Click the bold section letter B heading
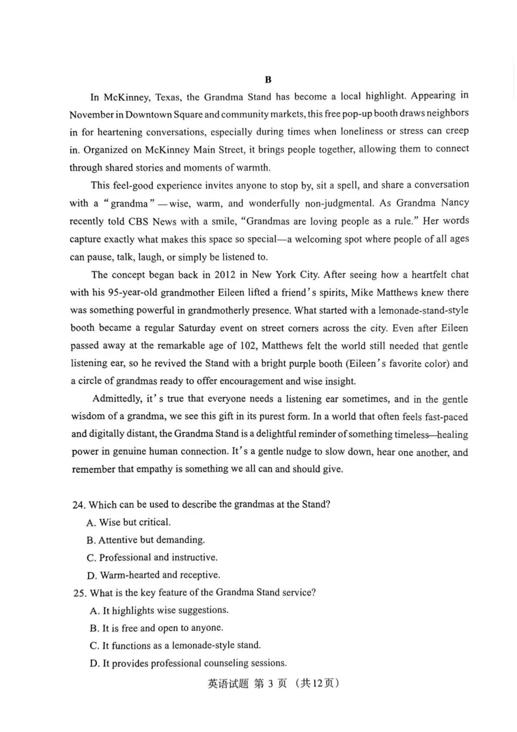click(268, 80)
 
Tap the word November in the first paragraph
click(91, 115)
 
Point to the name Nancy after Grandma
click(455, 202)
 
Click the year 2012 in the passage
click(225, 274)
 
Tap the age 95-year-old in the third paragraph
click(133, 292)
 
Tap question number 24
click(79, 505)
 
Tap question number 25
click(79, 593)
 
